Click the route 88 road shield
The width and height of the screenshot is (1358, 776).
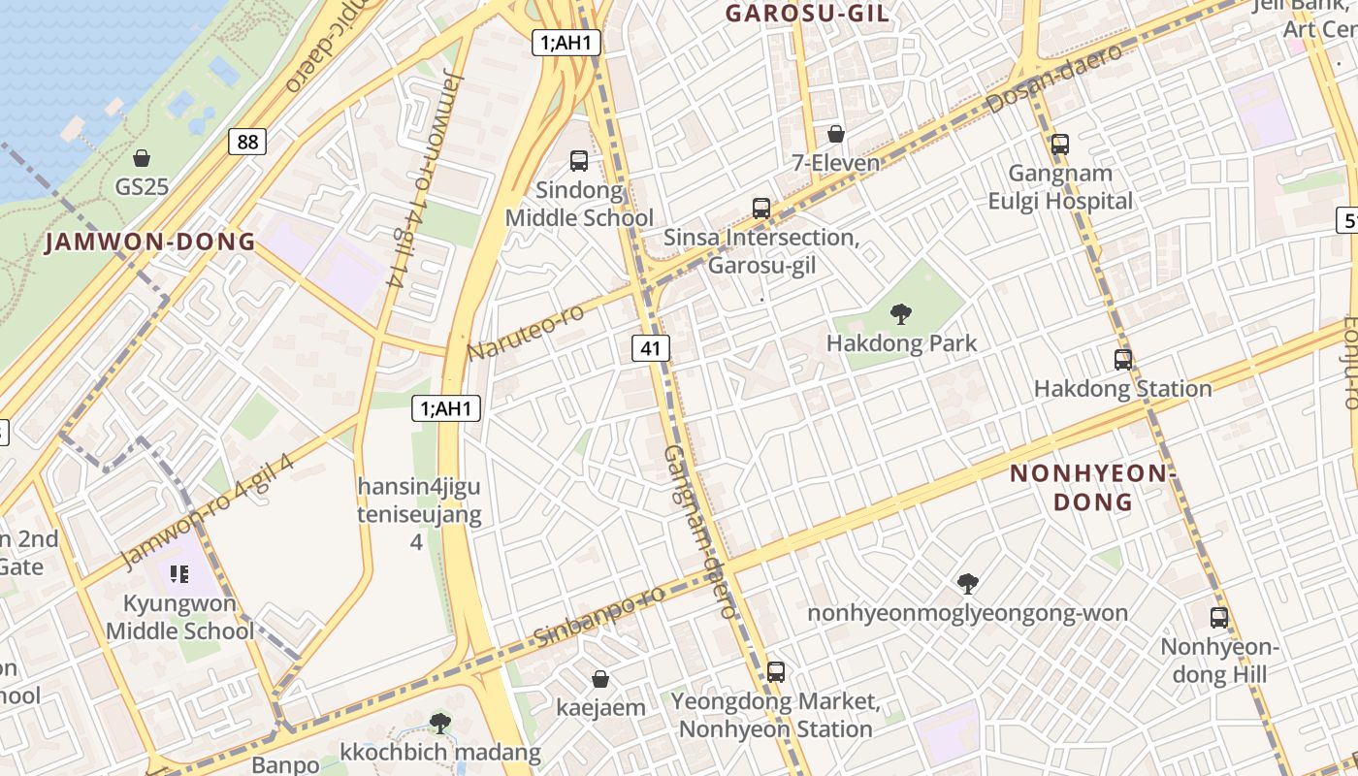[x=248, y=143]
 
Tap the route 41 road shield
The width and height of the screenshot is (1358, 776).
[x=651, y=348]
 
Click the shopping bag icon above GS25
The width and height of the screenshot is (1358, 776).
[x=142, y=158]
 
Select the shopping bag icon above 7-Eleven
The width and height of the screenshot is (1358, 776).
[x=836, y=134]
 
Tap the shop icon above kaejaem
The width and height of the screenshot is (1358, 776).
[x=600, y=679]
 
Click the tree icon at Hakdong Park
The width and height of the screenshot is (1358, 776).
[x=901, y=313]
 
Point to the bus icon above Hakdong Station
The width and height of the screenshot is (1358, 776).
[x=1123, y=360]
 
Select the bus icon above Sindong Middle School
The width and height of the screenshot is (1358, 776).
[x=579, y=161]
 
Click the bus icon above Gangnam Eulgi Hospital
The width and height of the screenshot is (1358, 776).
[x=1060, y=145]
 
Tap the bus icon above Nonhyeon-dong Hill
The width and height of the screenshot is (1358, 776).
[x=1219, y=617]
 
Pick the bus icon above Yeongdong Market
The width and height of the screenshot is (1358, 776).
[x=776, y=671]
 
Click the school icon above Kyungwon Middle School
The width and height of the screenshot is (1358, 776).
[x=178, y=574]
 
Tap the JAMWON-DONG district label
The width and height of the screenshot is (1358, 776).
[x=150, y=242]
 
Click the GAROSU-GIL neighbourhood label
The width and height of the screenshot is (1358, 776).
[x=807, y=14]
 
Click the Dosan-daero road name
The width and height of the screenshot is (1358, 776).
[x=1055, y=78]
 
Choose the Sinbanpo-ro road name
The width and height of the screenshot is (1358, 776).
[x=599, y=617]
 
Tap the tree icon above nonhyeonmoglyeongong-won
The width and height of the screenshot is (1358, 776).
[x=967, y=583]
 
